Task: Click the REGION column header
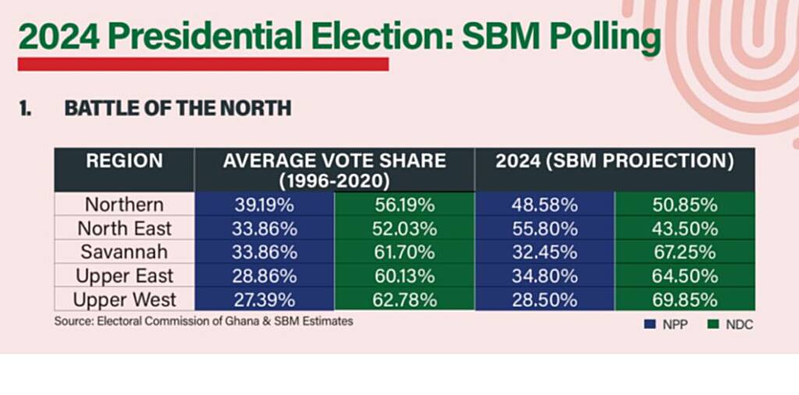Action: click(x=125, y=162)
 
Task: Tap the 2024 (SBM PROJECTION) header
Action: click(x=615, y=162)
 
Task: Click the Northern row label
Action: click(x=125, y=205)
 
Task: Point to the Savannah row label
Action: click(x=125, y=252)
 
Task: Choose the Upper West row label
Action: click(x=125, y=300)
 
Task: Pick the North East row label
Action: click(x=125, y=229)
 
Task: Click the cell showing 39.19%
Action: click(x=265, y=205)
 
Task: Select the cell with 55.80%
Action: click(x=545, y=229)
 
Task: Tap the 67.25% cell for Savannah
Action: click(x=684, y=252)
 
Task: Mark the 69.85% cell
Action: click(x=684, y=300)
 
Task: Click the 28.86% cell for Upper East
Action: click(x=265, y=276)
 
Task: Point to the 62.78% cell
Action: click(x=404, y=300)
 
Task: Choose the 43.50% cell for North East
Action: click(x=684, y=229)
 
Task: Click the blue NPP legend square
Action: click(x=649, y=324)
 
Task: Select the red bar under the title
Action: click(x=203, y=64)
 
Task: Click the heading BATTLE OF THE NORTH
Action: click(x=178, y=109)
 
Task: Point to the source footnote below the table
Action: click(x=203, y=321)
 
